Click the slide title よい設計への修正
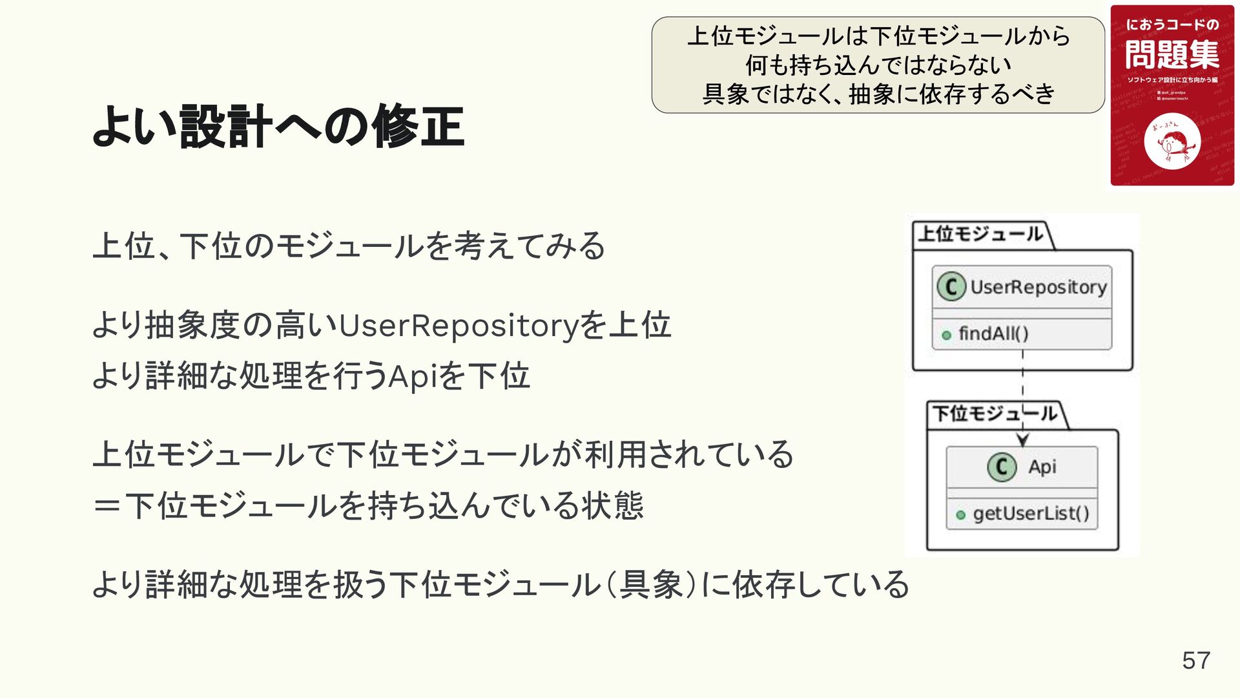click(278, 126)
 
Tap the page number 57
click(1196, 661)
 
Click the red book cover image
click(1172, 96)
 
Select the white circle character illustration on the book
click(1172, 142)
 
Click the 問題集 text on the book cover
click(1172, 54)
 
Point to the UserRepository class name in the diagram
click(1038, 287)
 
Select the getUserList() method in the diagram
click(1031, 514)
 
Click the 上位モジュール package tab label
click(980, 234)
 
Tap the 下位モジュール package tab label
click(995, 414)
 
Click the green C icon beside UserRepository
click(951, 287)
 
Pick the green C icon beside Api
click(1002, 467)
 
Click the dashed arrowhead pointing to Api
click(1022, 440)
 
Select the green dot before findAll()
click(947, 335)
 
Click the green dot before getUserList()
click(960, 515)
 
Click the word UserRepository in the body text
click(459, 325)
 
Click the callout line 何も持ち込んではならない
click(878, 65)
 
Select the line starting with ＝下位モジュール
click(368, 505)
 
